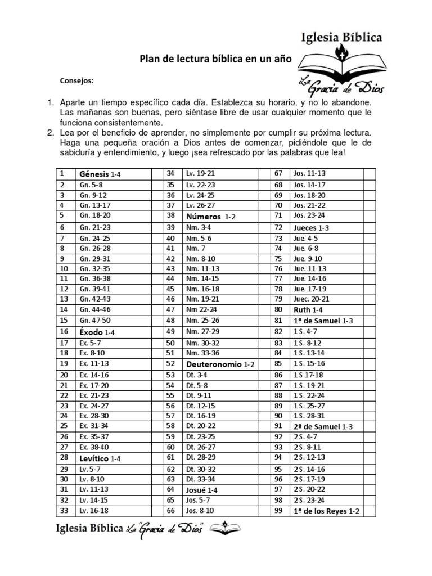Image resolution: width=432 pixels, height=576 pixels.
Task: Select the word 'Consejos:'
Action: pyautogui.click(x=76, y=80)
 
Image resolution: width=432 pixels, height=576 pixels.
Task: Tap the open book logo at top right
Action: pyautogui.click(x=340, y=63)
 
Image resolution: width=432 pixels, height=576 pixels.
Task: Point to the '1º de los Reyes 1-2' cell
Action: pyautogui.click(x=326, y=511)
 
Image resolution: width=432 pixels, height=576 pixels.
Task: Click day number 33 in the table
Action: pyautogui.click(x=64, y=511)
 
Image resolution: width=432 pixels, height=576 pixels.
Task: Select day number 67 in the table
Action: pyautogui.click(x=278, y=173)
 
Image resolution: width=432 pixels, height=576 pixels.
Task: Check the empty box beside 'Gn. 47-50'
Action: pyautogui.click(x=157, y=320)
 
